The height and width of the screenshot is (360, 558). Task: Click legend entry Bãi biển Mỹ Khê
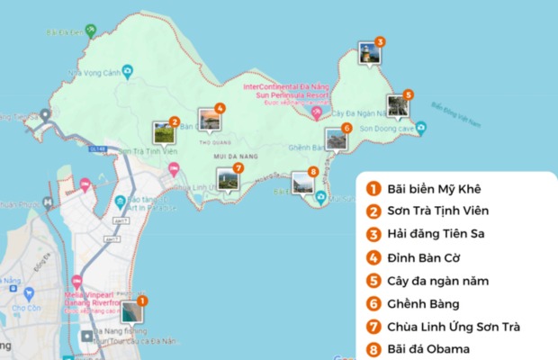[x=434, y=188]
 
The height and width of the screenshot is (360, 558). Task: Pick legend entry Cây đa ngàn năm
[x=437, y=281]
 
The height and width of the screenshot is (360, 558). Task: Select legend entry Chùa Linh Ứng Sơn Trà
[x=454, y=326]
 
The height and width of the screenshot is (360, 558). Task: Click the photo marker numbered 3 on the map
[x=368, y=53]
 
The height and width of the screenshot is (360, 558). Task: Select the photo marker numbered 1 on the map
[x=130, y=310]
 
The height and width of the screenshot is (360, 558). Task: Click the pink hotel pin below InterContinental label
[x=316, y=113]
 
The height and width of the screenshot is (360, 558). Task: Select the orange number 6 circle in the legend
[x=372, y=303]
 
